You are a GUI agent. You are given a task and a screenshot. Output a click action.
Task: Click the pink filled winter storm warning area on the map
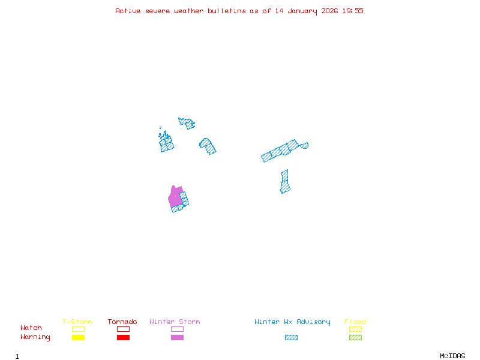click(175, 197)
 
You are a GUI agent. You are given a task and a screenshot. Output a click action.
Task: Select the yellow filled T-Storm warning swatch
click(78, 338)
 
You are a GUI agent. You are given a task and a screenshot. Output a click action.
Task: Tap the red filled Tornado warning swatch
click(123, 338)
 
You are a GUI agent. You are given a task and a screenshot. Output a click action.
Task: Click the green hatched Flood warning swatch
click(355, 338)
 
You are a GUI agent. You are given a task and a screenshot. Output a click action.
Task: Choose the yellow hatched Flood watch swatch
click(355, 329)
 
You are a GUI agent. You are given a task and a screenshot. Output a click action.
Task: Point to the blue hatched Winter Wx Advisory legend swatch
click(291, 338)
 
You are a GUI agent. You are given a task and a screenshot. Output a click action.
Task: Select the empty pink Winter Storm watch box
click(177, 329)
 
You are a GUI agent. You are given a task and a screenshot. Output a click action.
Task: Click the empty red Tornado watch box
click(123, 329)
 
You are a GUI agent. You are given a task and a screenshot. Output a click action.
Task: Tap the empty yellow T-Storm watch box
click(78, 329)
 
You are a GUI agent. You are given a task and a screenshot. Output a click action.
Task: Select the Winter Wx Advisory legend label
click(292, 322)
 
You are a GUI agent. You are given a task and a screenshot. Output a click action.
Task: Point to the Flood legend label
click(355, 322)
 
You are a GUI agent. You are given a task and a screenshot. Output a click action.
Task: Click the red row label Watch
click(31, 328)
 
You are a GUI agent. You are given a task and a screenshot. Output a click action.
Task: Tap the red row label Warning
click(35, 337)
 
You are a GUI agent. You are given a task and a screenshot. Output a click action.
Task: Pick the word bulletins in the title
click(227, 11)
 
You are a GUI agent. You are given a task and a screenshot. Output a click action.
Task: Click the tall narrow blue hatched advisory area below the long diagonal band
click(285, 182)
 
